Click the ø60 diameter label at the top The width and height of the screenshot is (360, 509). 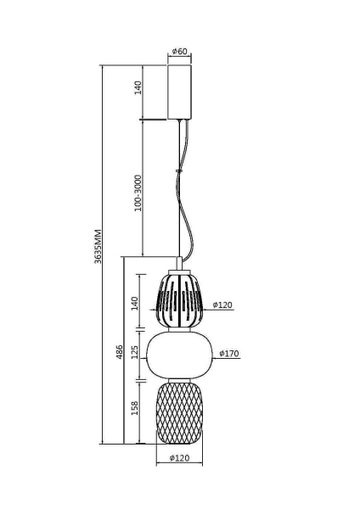coord(179,51)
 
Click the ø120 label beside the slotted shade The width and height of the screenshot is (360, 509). coord(222,304)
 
